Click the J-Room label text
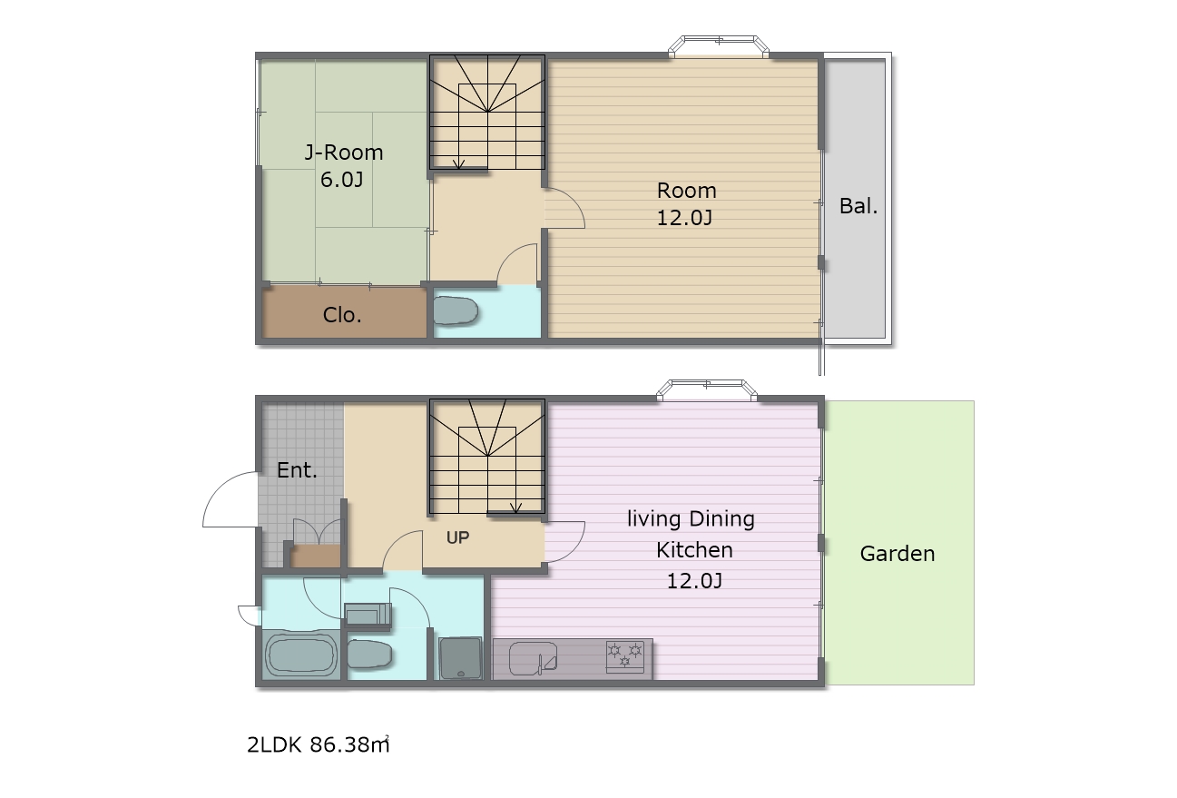click(344, 153)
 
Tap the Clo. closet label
click(342, 315)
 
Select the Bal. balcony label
click(858, 205)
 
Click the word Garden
click(897, 554)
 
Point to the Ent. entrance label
click(298, 470)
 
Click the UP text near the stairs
click(457, 537)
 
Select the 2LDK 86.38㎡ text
click(319, 744)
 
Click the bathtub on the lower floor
click(300, 655)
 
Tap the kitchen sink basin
click(533, 658)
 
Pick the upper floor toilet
click(456, 310)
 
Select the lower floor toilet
click(369, 654)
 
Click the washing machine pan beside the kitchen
click(460, 658)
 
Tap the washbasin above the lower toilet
click(368, 614)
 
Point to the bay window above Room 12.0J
click(719, 46)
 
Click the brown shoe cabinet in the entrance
click(315, 557)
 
